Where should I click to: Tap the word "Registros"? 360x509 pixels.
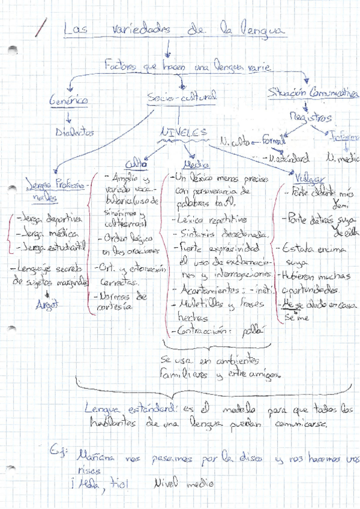(x=311, y=117)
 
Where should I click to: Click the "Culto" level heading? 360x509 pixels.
(x=136, y=164)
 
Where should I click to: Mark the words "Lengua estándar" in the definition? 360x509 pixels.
(x=130, y=408)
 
